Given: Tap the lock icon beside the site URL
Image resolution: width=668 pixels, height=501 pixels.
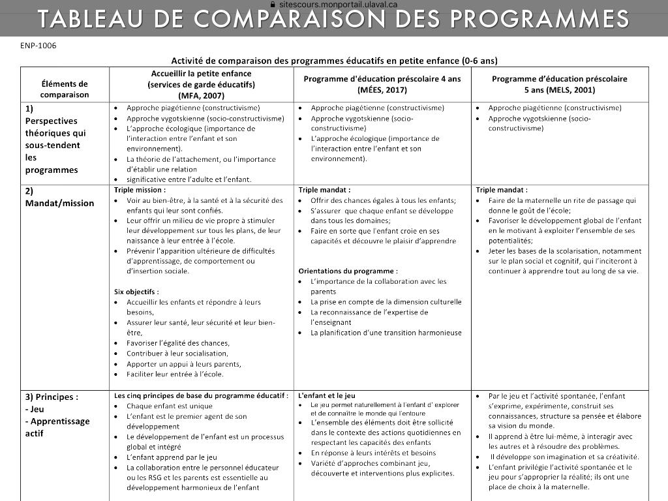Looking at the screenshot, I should pyautogui.click(x=273, y=4).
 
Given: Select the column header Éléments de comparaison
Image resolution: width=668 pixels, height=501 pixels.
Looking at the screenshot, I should pyautogui.click(x=65, y=89).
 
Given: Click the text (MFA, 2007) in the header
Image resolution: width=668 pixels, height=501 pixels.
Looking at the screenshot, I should pyautogui.click(x=201, y=95).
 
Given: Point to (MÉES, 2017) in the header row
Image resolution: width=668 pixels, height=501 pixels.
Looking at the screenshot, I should pyautogui.click(x=382, y=89).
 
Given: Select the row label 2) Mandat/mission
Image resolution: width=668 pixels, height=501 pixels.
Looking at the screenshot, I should pyautogui.click(x=59, y=197).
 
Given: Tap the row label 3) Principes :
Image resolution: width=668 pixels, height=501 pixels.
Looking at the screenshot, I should pyautogui.click(x=52, y=397).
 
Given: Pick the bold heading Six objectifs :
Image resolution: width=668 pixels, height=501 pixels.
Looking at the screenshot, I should pyautogui.click(x=136, y=292).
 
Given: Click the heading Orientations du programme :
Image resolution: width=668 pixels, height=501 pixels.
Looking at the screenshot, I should pyautogui.click(x=348, y=271).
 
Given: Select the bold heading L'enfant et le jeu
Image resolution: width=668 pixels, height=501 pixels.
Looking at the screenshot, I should pyautogui.click(x=327, y=395).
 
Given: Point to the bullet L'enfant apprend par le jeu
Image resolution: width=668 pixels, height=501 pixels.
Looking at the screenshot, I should pyautogui.click(x=172, y=457).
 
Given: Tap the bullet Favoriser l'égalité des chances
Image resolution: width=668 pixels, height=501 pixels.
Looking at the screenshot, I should pyautogui.click(x=177, y=343).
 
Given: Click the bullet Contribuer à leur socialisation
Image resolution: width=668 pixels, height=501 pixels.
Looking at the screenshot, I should pyautogui.click(x=177, y=354).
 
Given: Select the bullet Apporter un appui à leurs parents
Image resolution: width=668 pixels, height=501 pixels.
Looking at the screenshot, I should pyautogui.click(x=183, y=364).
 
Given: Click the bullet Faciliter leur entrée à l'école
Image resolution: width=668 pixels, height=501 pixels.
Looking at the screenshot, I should pyautogui.click(x=175, y=374).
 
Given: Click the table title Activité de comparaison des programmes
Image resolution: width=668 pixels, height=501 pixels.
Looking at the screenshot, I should pyautogui.click(x=334, y=61).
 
